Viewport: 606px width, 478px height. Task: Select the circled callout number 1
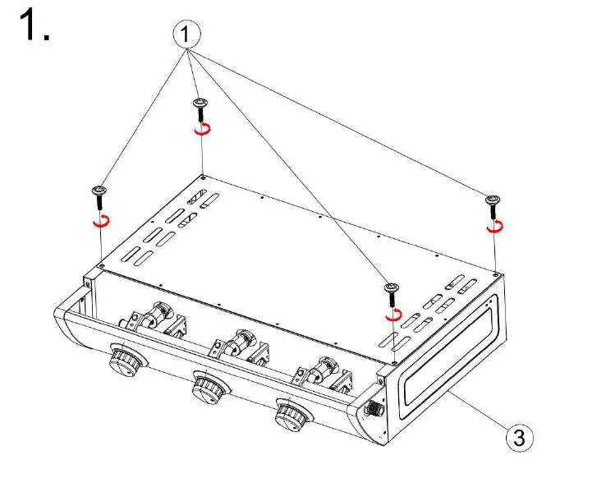(x=186, y=34)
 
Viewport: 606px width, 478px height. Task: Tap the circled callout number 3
(x=518, y=438)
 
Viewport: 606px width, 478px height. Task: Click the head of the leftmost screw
(x=99, y=191)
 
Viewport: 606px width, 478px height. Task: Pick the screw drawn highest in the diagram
(x=200, y=103)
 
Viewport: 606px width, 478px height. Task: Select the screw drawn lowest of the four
(x=391, y=287)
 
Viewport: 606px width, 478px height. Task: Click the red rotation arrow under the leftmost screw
(x=101, y=220)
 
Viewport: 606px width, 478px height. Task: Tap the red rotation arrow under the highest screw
(x=202, y=129)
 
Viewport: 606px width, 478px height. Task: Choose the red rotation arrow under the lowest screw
(x=393, y=313)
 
